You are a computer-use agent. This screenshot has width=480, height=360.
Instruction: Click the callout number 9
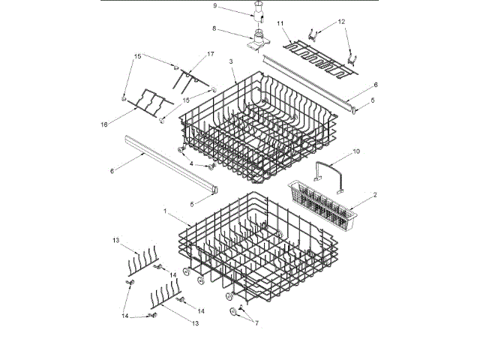[x=193, y=6]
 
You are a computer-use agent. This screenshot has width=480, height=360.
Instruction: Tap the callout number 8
[x=193, y=29]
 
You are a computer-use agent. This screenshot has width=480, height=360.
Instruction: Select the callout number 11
[x=281, y=24]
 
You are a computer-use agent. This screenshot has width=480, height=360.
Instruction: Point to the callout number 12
[x=343, y=21]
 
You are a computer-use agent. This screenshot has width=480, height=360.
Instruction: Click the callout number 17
[x=210, y=54]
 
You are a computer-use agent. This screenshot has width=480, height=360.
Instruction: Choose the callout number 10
[x=357, y=151]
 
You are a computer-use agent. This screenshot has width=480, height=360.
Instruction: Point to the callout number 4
[x=191, y=163]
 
